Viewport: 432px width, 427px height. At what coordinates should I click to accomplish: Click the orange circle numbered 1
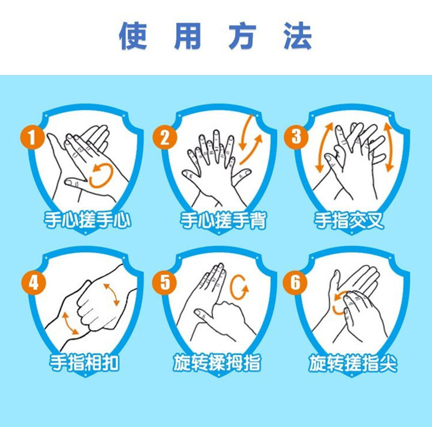32,137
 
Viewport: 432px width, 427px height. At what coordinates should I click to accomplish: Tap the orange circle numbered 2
165,137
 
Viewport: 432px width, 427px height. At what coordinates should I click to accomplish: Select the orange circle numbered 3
296,137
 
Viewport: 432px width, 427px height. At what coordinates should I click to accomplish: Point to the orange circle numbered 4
33,283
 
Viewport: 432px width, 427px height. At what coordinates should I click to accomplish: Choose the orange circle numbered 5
165,283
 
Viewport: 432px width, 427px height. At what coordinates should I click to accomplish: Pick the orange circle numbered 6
295,283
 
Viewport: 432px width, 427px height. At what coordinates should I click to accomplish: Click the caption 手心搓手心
88,220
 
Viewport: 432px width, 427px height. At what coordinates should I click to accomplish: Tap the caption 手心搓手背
223,220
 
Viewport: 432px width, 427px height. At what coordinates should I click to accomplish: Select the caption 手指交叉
349,220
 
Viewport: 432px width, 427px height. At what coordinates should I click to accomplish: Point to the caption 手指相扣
84,363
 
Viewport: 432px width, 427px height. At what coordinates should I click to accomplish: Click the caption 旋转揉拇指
217,363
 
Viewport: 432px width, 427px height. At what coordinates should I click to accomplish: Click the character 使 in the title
133,36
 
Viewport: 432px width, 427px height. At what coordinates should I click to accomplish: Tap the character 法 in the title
298,36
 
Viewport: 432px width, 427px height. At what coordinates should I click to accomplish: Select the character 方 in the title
242,36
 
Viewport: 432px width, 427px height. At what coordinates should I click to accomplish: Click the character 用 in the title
188,36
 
